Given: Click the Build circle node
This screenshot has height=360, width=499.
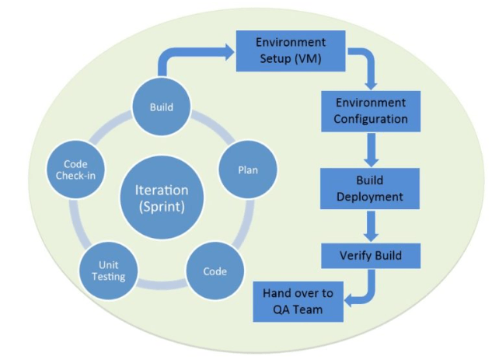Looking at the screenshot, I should (x=162, y=107).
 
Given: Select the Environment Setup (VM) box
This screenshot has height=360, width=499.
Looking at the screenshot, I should (x=291, y=51).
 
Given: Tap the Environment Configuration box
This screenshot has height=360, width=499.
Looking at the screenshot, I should (x=371, y=111).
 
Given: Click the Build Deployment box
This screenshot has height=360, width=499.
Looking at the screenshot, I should (x=371, y=188).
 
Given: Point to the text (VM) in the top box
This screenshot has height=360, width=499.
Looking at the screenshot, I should (x=309, y=59).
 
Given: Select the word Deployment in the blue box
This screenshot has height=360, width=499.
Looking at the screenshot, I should (x=371, y=197).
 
